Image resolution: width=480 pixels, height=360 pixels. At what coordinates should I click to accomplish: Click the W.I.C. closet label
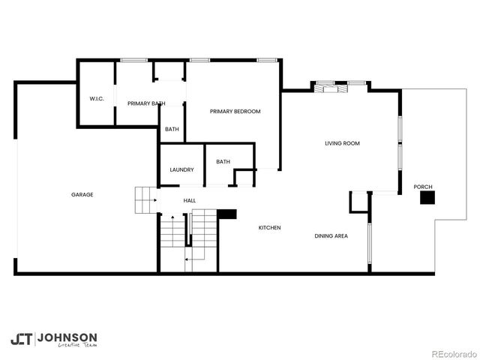tap(96, 98)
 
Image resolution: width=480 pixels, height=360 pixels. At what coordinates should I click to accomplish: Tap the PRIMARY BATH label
tap(146, 103)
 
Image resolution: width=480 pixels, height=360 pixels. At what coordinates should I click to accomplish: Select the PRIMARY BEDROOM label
tap(235, 112)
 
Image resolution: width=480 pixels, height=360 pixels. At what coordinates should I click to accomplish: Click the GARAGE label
tap(82, 195)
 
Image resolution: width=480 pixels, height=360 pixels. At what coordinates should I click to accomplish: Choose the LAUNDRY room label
tap(181, 169)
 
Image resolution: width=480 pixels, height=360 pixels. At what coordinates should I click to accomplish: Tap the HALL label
tap(190, 200)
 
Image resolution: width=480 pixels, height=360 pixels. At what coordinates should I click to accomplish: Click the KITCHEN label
tap(270, 227)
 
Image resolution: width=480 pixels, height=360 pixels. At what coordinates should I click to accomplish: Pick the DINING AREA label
tap(331, 236)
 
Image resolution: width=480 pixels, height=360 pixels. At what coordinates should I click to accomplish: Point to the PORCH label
tap(423, 187)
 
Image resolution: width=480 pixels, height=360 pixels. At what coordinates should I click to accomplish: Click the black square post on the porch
tap(427, 198)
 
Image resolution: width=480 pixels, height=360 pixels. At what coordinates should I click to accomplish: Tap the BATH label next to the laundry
tap(223, 161)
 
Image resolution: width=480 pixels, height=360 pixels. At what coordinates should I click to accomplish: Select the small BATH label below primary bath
tap(172, 129)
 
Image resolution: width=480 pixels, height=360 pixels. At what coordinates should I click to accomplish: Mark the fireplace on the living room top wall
tap(330, 88)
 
